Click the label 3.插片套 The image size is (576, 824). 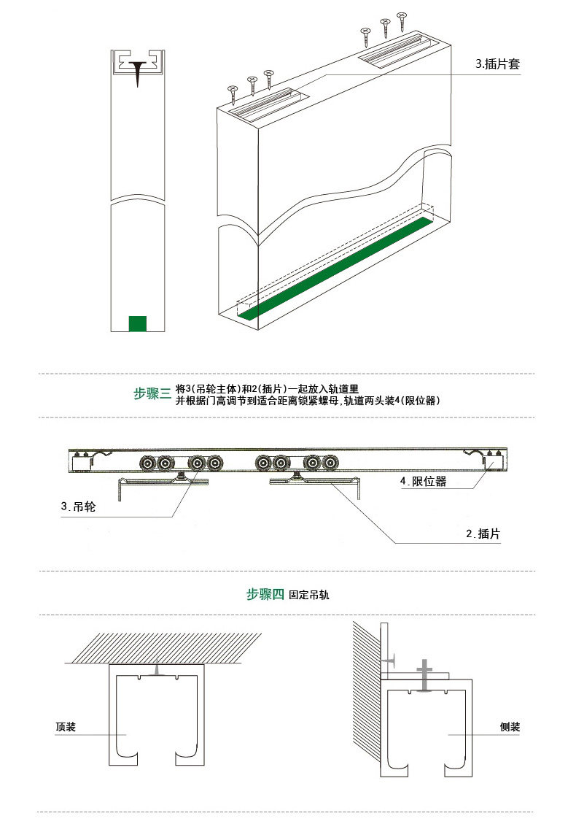pyautogui.click(x=497, y=64)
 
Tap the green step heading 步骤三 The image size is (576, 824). pyautogui.click(x=152, y=394)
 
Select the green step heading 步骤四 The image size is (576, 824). pyautogui.click(x=265, y=595)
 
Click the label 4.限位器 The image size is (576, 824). pyautogui.click(x=423, y=482)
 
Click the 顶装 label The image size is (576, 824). pyautogui.click(x=66, y=728)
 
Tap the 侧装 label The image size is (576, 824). pyautogui.click(x=510, y=728)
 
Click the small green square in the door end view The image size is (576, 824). pyautogui.click(x=137, y=323)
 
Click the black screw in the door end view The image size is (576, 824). pyautogui.click(x=137, y=74)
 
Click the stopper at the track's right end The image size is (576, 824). pyautogui.click(x=490, y=462)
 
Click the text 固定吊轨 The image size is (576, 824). pyautogui.click(x=309, y=596)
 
